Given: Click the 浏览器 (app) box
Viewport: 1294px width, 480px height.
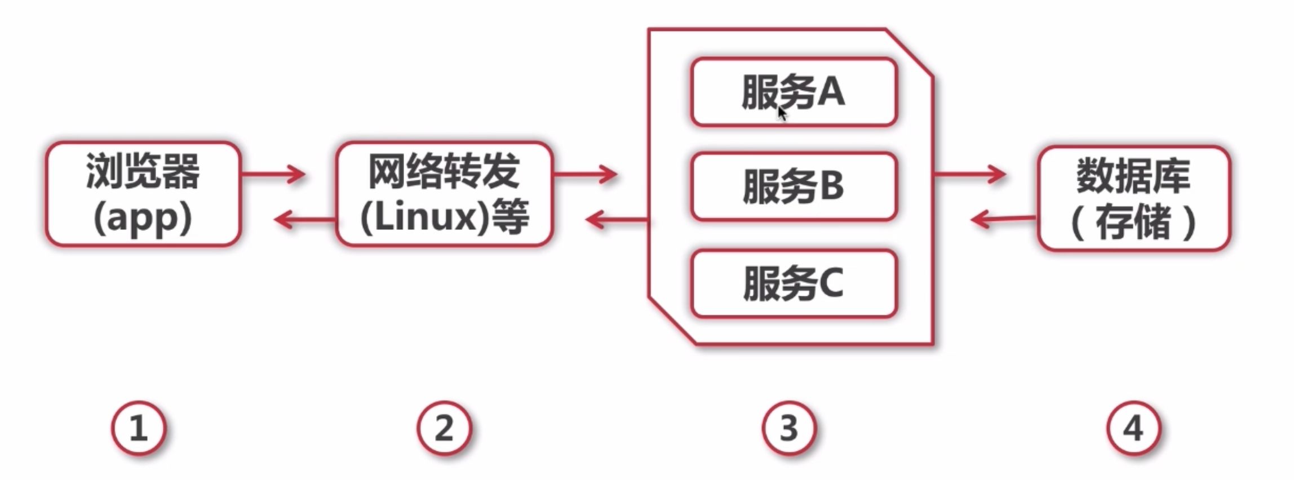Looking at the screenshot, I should (143, 194).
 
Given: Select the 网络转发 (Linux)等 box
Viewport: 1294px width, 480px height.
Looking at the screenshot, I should (444, 194).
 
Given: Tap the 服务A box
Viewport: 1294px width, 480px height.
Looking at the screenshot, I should (794, 92).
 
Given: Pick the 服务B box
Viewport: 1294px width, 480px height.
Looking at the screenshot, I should (794, 186).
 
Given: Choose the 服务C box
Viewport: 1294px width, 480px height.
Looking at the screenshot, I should (794, 283).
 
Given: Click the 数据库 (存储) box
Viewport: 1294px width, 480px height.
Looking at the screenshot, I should (1133, 198).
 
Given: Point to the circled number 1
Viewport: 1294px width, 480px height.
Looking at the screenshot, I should (139, 428).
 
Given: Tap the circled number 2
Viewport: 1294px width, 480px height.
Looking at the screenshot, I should (444, 428).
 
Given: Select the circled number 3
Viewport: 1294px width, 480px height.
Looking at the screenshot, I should (788, 428).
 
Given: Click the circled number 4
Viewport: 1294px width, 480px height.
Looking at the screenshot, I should (1133, 428).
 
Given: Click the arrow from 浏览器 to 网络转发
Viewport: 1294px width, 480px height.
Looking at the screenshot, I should (274, 174).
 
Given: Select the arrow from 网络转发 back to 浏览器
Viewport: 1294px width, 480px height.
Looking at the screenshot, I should (304, 219).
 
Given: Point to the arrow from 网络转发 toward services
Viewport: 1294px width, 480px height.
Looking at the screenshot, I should (586, 174).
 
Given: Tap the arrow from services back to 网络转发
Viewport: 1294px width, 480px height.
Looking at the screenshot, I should (617, 219).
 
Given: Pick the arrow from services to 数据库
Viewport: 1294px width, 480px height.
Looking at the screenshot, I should (969, 174).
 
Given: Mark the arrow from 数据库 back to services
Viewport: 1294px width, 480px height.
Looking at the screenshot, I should (1003, 219).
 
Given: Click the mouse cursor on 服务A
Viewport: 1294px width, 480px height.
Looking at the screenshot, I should (782, 113).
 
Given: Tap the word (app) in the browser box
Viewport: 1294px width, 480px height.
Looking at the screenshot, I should (143, 219).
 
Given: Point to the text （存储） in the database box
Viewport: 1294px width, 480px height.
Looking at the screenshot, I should (1133, 223).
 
